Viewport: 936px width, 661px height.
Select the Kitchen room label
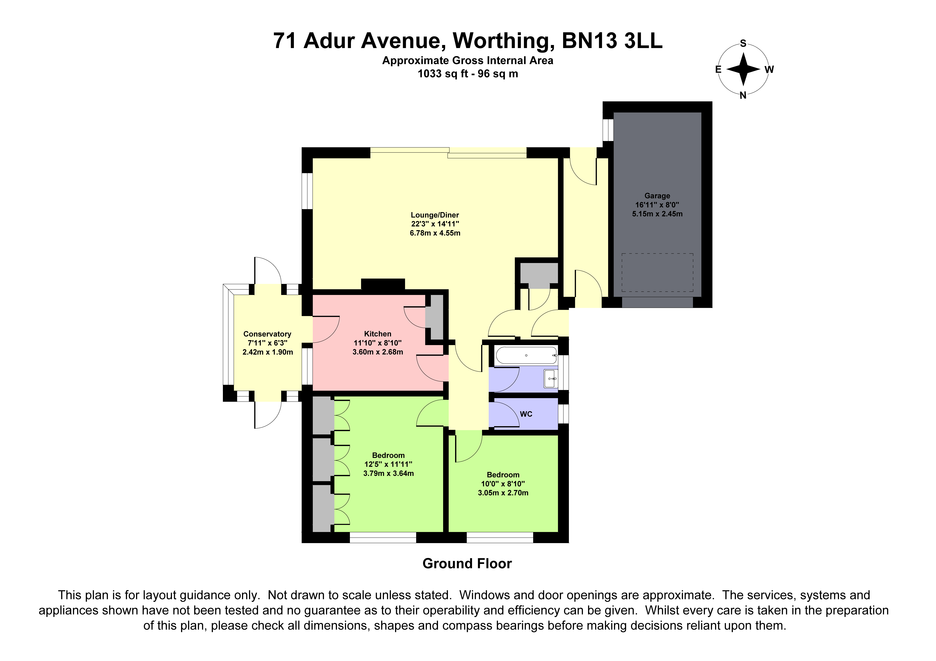(378, 334)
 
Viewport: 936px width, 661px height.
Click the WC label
(526, 414)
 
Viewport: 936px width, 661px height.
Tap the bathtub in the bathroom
(526, 355)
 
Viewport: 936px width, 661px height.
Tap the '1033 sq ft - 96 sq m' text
(468, 74)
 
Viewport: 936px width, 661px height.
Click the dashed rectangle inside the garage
(657, 272)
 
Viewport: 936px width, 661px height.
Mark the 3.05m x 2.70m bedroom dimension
(503, 493)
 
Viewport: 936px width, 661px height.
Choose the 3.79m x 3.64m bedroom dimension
(389, 473)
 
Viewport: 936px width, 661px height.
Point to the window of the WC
(563, 414)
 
